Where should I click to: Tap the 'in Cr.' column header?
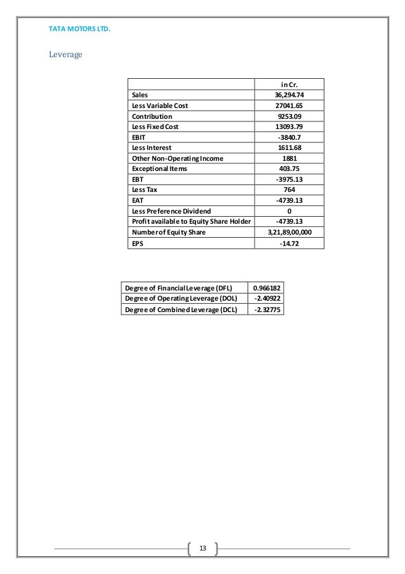pos(289,84)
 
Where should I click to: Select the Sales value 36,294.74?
pos(289,95)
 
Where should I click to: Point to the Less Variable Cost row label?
pos(160,106)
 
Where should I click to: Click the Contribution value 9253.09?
pos(289,116)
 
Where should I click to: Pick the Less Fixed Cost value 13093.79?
pos(289,126)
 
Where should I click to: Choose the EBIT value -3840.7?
pos(289,137)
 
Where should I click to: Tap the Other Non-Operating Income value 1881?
pos(289,158)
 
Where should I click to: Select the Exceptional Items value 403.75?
pos(289,169)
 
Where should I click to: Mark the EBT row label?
pos(138,180)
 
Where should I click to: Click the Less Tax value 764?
pos(289,190)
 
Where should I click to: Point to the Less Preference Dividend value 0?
pos(289,212)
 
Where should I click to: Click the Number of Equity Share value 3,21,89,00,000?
pos(289,233)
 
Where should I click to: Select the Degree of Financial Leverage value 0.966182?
pos(267,288)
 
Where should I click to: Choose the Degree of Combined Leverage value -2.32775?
pos(267,309)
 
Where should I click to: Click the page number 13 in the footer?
pos(202,548)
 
